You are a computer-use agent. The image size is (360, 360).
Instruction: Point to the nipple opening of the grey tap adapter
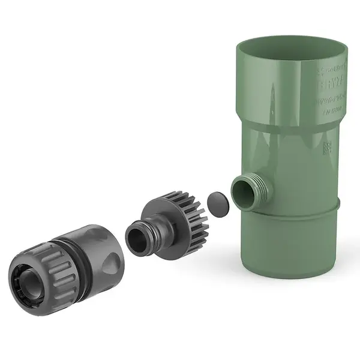[x=136, y=235]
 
